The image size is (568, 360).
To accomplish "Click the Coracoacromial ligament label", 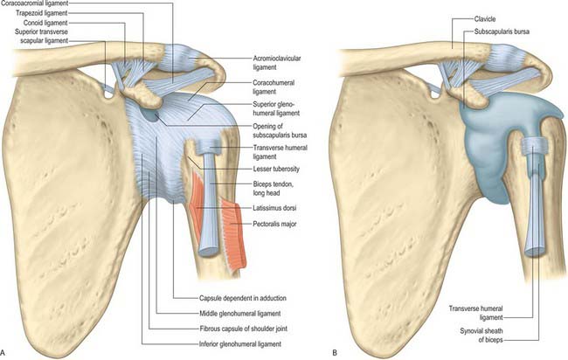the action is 34,3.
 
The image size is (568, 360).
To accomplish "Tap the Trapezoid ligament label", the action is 42,13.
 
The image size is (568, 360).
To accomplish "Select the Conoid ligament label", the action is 45,23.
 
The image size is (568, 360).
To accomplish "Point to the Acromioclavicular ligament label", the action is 277,63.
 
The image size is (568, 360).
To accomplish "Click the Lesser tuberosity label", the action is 276,169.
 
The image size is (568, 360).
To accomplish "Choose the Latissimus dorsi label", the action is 274,208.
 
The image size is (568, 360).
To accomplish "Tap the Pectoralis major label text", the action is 274,224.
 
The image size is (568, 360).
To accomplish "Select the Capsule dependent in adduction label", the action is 243,298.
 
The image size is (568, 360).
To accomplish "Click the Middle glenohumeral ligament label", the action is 239,314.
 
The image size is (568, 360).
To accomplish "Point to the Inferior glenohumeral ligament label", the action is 240,344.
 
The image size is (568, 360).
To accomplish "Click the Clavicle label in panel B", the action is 485,19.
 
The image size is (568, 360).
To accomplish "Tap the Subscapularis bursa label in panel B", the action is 502,31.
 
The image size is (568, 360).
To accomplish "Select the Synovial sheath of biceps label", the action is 481,336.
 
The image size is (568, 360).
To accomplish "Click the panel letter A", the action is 3,352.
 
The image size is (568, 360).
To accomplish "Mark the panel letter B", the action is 335,352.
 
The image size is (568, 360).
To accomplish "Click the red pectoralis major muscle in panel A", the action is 233,235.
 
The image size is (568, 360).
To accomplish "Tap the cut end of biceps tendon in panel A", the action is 209,252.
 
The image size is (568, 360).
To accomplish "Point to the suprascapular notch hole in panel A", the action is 108,95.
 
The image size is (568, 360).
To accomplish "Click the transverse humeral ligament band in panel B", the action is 533,145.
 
